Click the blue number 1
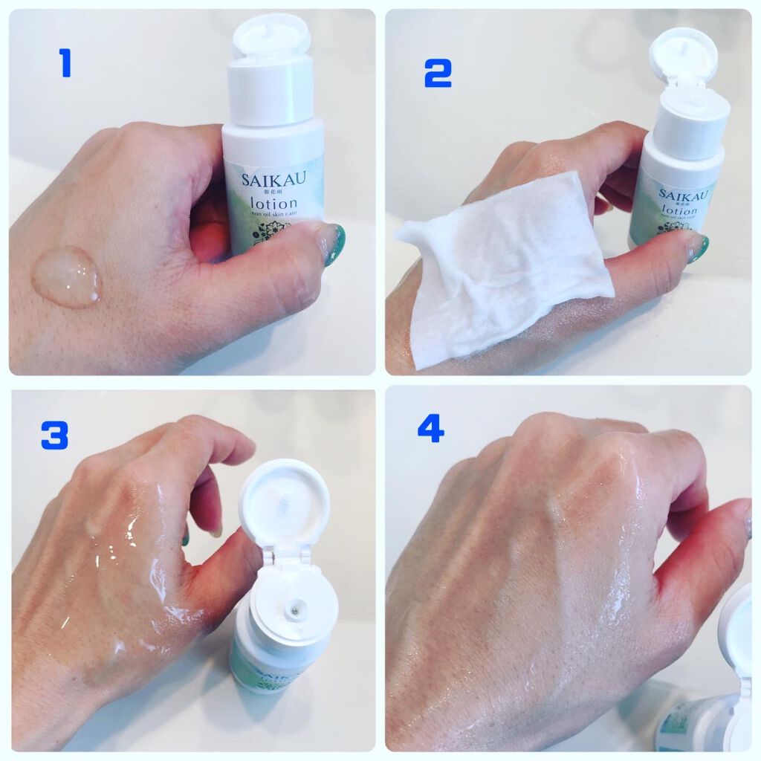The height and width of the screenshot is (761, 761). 65,62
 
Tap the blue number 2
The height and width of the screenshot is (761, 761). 438,74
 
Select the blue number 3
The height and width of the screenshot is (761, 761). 54,435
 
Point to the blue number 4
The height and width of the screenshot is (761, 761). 430,428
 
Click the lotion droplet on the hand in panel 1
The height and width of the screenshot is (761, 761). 66,276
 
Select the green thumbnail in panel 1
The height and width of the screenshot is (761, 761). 334,244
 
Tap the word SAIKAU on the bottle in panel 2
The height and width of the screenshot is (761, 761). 682,195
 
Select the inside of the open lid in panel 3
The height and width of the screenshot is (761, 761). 284,502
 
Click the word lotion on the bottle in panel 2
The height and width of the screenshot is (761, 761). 676,211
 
